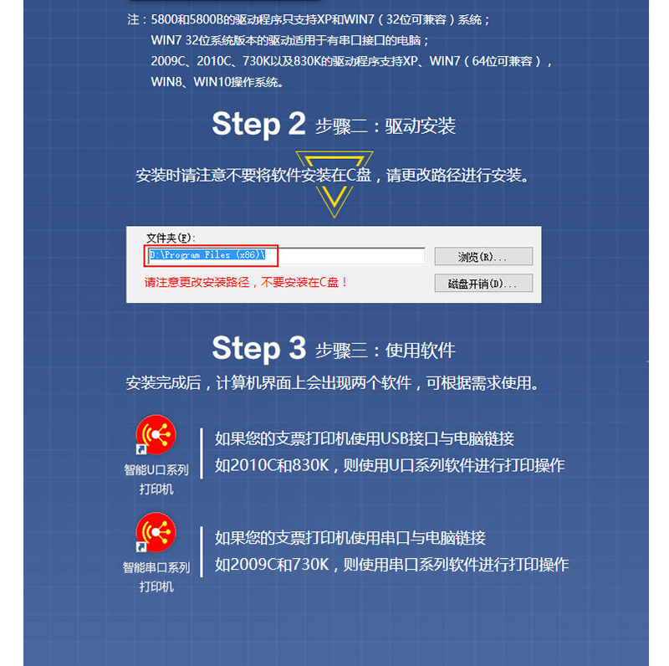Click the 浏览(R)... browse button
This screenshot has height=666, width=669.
click(483, 256)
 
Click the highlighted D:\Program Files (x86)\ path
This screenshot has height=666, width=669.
click(207, 255)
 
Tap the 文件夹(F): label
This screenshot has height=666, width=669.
click(171, 238)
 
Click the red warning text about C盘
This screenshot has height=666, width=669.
click(246, 282)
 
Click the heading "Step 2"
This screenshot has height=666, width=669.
click(258, 124)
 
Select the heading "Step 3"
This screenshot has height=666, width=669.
click(259, 348)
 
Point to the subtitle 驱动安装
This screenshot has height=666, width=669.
click(421, 126)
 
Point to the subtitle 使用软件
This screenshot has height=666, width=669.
click(421, 351)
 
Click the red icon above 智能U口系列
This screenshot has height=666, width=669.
click(156, 434)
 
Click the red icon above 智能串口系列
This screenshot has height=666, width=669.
click(156, 532)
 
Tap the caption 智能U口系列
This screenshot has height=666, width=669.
click(156, 470)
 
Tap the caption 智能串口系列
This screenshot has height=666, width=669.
click(156, 568)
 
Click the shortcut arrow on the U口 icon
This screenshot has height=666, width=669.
click(140, 449)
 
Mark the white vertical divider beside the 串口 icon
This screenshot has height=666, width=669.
click(202, 552)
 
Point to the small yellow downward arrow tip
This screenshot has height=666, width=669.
click(334, 217)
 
